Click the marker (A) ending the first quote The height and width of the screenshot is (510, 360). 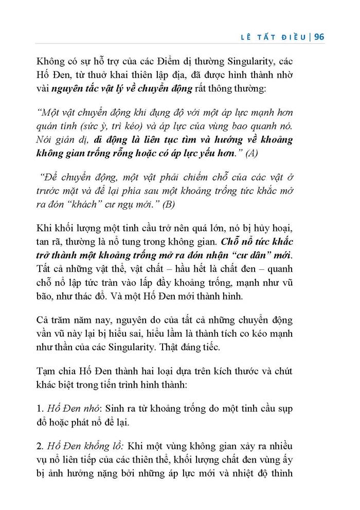[253, 153]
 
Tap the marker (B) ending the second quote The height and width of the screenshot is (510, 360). [168, 204]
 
